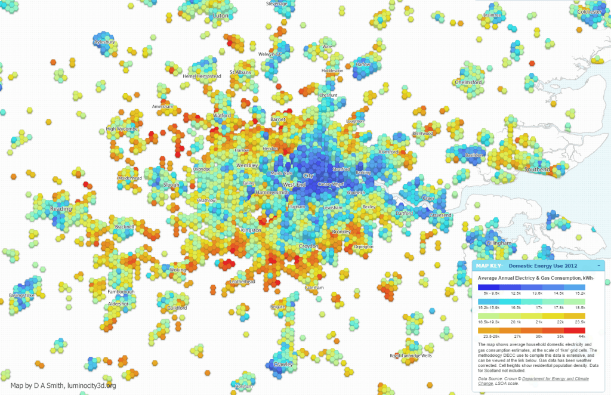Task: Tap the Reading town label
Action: tap(61, 209)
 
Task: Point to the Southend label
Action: tap(537, 169)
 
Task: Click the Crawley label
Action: tap(283, 363)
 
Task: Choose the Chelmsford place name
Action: tap(468, 82)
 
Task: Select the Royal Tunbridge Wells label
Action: tap(411, 355)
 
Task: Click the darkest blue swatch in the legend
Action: tap(489, 287)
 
